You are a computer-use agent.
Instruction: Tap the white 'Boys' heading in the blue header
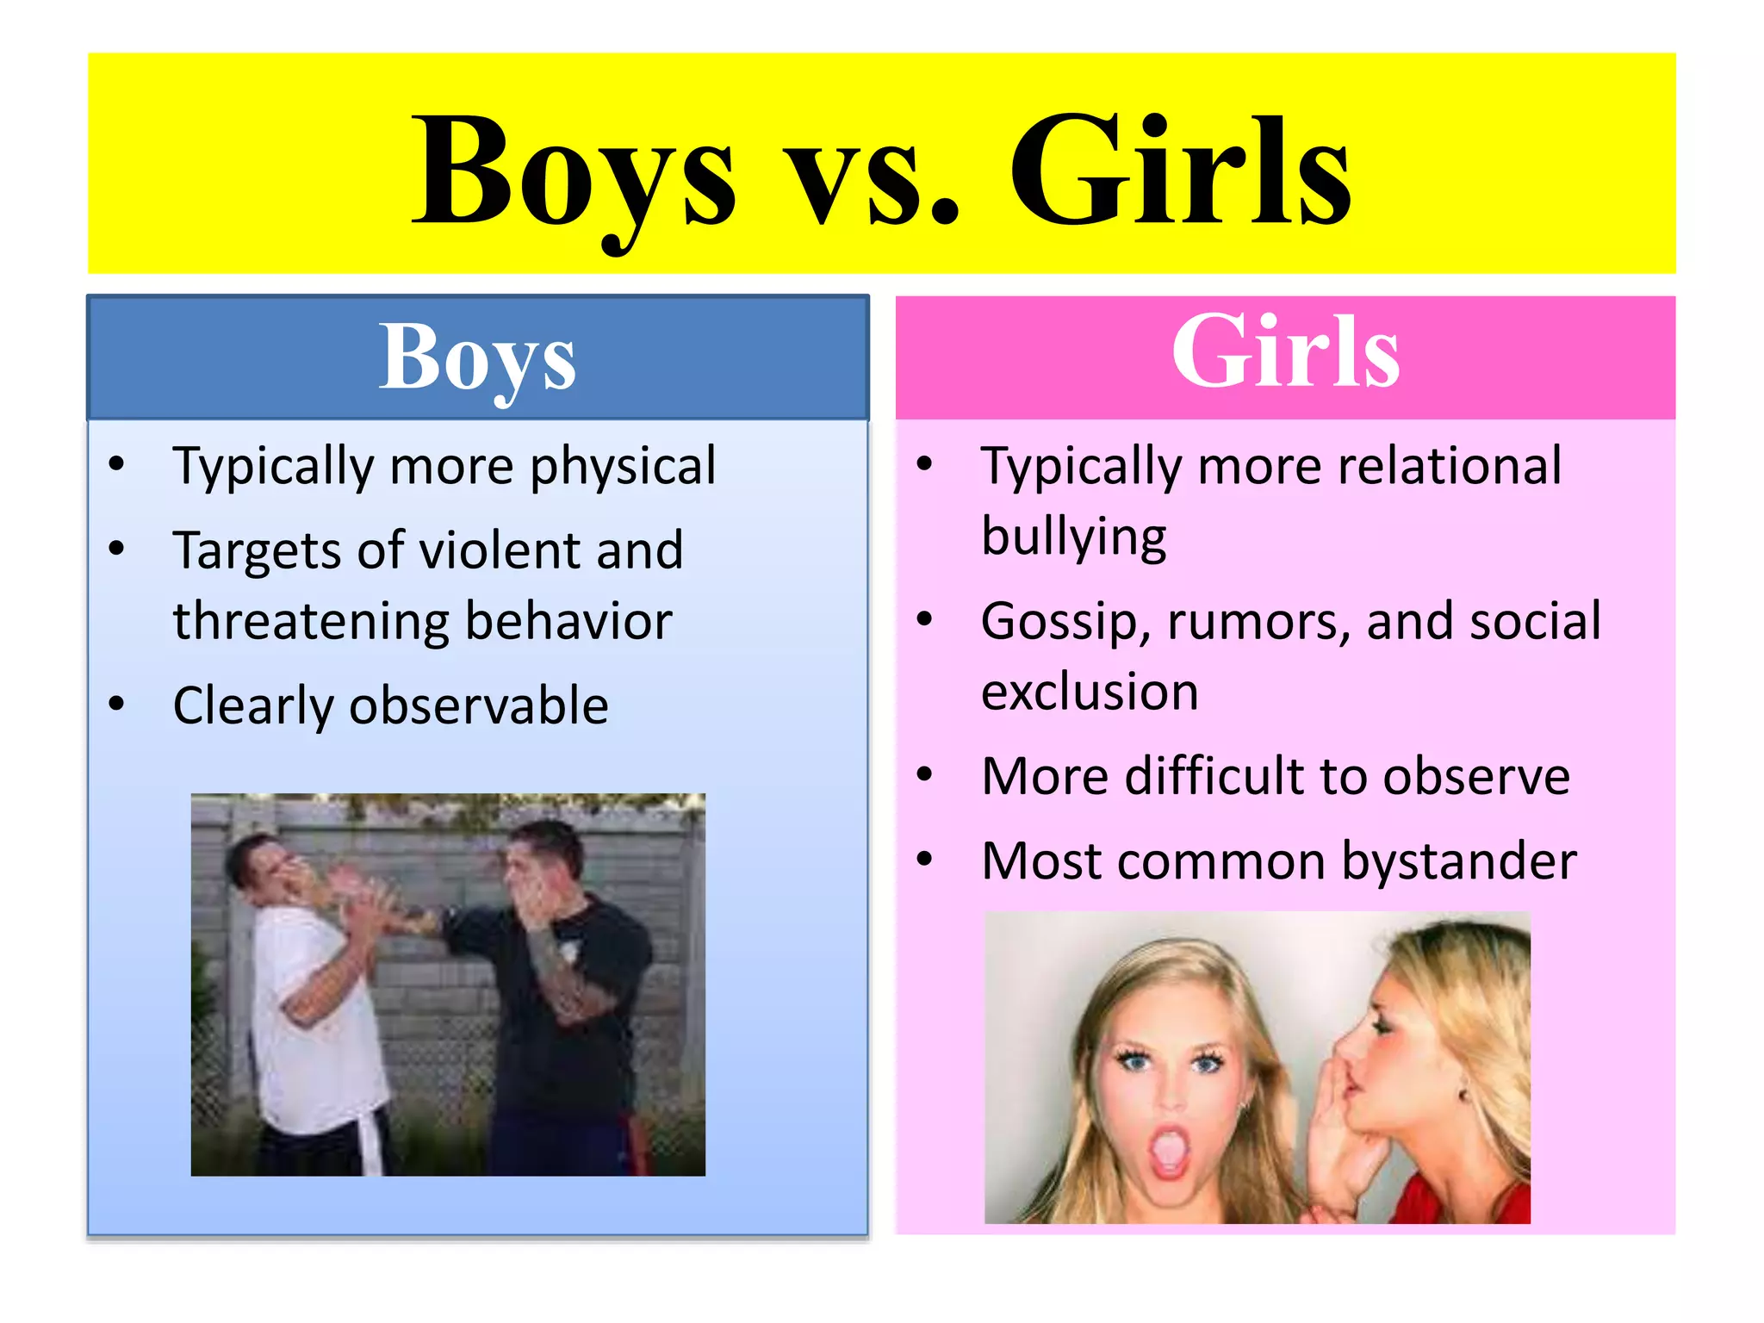tap(478, 358)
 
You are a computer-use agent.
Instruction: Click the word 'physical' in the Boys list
tap(623, 467)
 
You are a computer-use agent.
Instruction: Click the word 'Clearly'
tap(253, 706)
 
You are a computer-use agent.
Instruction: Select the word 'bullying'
tap(1074, 537)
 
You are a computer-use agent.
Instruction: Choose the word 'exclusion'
tap(1090, 692)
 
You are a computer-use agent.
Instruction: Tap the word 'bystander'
tap(1459, 861)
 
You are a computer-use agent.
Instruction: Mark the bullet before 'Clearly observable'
tap(117, 704)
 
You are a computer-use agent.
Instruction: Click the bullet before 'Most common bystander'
tap(925, 859)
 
